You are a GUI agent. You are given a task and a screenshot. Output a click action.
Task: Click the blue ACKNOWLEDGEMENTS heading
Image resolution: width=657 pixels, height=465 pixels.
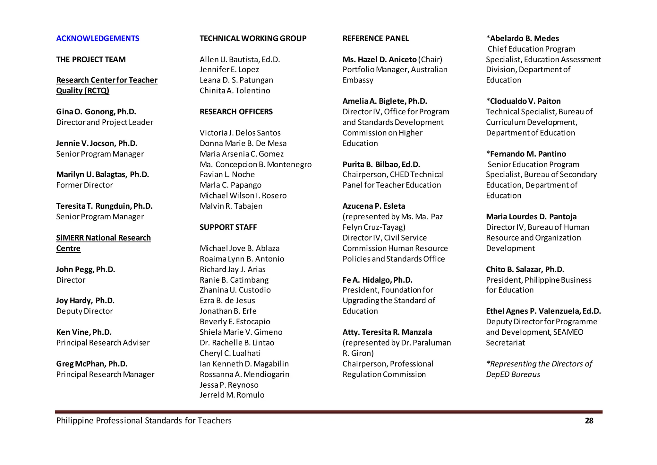tap(98, 39)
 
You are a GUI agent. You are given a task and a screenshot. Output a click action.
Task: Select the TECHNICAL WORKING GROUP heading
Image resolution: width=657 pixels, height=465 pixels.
tap(253, 39)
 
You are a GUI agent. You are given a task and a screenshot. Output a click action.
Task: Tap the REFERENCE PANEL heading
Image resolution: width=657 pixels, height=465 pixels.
tap(375, 39)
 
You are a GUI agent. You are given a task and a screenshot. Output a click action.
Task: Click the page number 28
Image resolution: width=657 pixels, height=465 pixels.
tap(589, 421)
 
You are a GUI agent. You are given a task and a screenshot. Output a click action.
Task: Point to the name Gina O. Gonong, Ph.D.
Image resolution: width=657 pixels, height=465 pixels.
tap(96, 112)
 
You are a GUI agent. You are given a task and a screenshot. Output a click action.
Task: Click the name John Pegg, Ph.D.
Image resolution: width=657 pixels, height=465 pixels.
tap(85, 269)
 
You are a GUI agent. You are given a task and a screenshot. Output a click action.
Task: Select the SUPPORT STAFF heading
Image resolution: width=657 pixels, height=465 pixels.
tap(228, 227)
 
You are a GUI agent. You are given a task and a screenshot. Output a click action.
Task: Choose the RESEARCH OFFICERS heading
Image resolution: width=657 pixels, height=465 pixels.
tap(236, 112)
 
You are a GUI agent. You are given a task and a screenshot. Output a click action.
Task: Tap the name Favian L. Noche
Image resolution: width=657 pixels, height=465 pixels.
tap(227, 174)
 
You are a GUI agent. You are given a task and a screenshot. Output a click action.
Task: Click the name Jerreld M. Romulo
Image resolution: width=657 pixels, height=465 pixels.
tap(232, 395)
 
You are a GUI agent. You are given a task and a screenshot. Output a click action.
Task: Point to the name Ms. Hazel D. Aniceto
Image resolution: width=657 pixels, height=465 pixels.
tap(380, 59)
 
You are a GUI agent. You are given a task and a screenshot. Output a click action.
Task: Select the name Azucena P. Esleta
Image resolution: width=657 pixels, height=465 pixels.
tap(374, 206)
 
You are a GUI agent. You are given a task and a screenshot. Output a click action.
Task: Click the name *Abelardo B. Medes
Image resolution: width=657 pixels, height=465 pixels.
tap(522, 39)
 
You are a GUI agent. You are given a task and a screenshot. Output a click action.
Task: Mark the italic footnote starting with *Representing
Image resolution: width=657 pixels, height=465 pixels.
tap(539, 369)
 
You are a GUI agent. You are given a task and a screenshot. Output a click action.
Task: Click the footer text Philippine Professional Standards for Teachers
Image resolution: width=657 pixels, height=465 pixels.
tap(144, 421)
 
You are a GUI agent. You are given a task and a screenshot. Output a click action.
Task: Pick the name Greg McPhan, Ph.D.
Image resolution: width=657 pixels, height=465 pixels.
tap(92, 364)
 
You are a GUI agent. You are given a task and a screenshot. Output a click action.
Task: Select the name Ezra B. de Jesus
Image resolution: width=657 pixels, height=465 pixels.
tap(227, 301)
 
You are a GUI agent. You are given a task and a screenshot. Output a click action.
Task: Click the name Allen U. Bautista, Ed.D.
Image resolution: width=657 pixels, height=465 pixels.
tap(240, 59)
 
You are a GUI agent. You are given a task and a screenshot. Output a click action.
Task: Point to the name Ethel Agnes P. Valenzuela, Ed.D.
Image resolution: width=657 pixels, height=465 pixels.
tap(543, 311)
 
